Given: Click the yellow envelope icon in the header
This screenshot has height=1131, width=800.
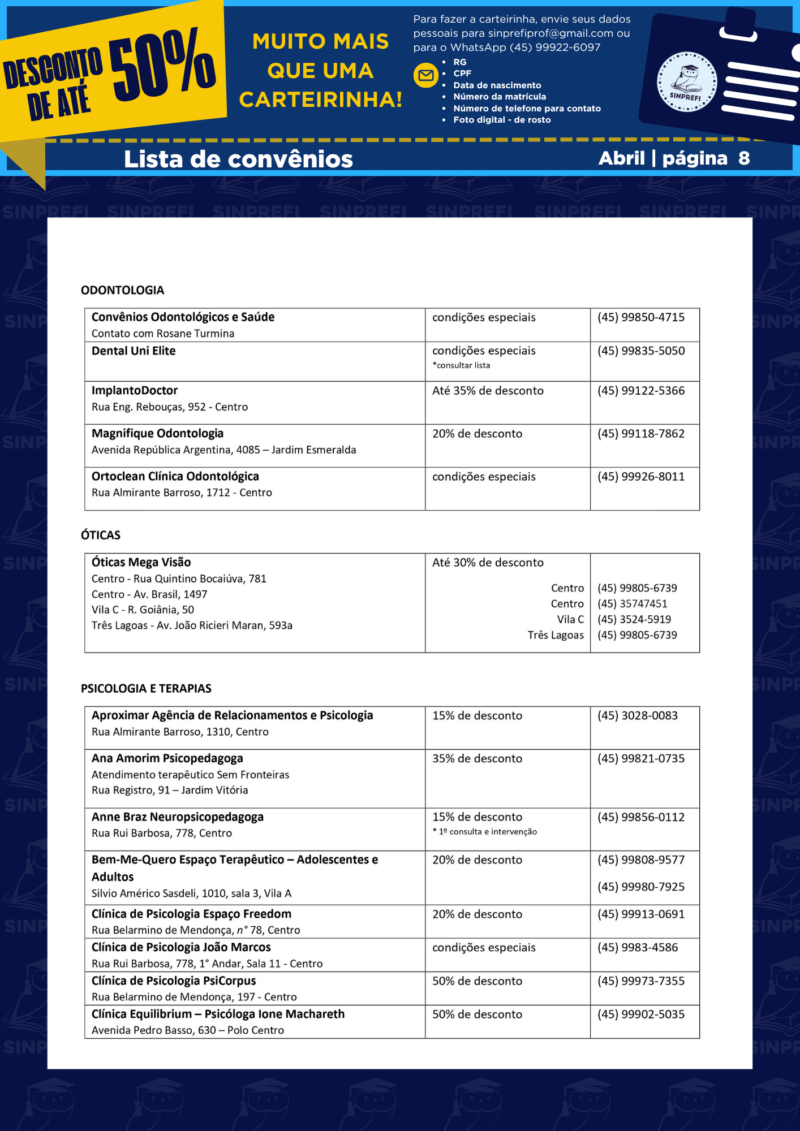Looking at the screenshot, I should click(x=426, y=75).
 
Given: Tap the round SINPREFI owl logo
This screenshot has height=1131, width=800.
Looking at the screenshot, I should click(x=686, y=82).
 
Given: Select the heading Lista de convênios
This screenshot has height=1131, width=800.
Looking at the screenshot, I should click(x=238, y=159).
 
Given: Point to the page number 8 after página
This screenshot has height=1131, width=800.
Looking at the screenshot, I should click(x=743, y=158).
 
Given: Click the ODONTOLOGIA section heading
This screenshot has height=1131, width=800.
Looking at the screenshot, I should click(x=122, y=290).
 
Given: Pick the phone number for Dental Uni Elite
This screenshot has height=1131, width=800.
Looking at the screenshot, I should click(x=640, y=351).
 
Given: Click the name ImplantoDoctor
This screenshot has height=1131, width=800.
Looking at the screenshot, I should click(x=135, y=390).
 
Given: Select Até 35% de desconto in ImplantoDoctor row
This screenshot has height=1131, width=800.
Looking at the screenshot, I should click(x=488, y=391).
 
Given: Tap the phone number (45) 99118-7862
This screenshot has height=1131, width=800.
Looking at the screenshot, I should click(x=640, y=434).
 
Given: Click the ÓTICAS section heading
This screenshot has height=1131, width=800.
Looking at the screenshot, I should click(x=101, y=535).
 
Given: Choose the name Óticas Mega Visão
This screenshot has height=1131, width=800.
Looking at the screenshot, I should click(x=141, y=562).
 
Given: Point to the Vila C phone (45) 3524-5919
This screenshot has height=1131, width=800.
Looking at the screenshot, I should click(x=634, y=619).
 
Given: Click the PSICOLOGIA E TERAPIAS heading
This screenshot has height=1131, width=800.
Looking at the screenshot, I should click(x=146, y=688).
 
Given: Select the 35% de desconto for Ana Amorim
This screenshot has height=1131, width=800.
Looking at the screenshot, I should click(x=477, y=758).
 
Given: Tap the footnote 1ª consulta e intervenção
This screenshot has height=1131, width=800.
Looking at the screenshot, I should click(x=488, y=831).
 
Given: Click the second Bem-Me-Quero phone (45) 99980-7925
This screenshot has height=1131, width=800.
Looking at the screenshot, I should click(x=640, y=887).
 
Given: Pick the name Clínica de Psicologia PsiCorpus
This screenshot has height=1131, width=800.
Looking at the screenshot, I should click(x=174, y=981).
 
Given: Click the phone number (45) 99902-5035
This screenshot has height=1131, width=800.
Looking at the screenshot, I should click(x=640, y=1014).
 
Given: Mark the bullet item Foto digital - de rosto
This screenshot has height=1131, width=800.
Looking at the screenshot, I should click(x=502, y=120).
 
